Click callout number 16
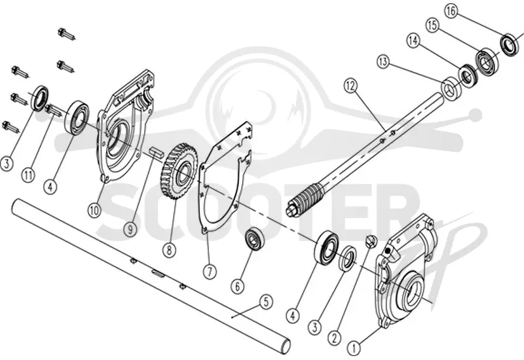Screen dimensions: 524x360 [x=451, y=11]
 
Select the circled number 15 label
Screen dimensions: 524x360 [x=432, y=26]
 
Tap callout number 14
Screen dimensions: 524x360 [x=413, y=41]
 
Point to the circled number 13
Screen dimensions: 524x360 [x=383, y=62]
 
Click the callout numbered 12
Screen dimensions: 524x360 [x=350, y=86]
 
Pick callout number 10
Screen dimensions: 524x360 [x=94, y=210]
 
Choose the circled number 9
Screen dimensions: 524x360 [x=130, y=229]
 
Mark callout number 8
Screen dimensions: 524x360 [x=170, y=249]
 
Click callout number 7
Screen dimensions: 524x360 [x=210, y=272]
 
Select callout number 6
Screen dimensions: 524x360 [x=238, y=286]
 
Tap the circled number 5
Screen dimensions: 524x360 [x=266, y=302]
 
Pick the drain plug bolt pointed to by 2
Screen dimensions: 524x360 [x=371, y=242]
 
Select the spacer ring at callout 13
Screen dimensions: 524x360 [x=451, y=87]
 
